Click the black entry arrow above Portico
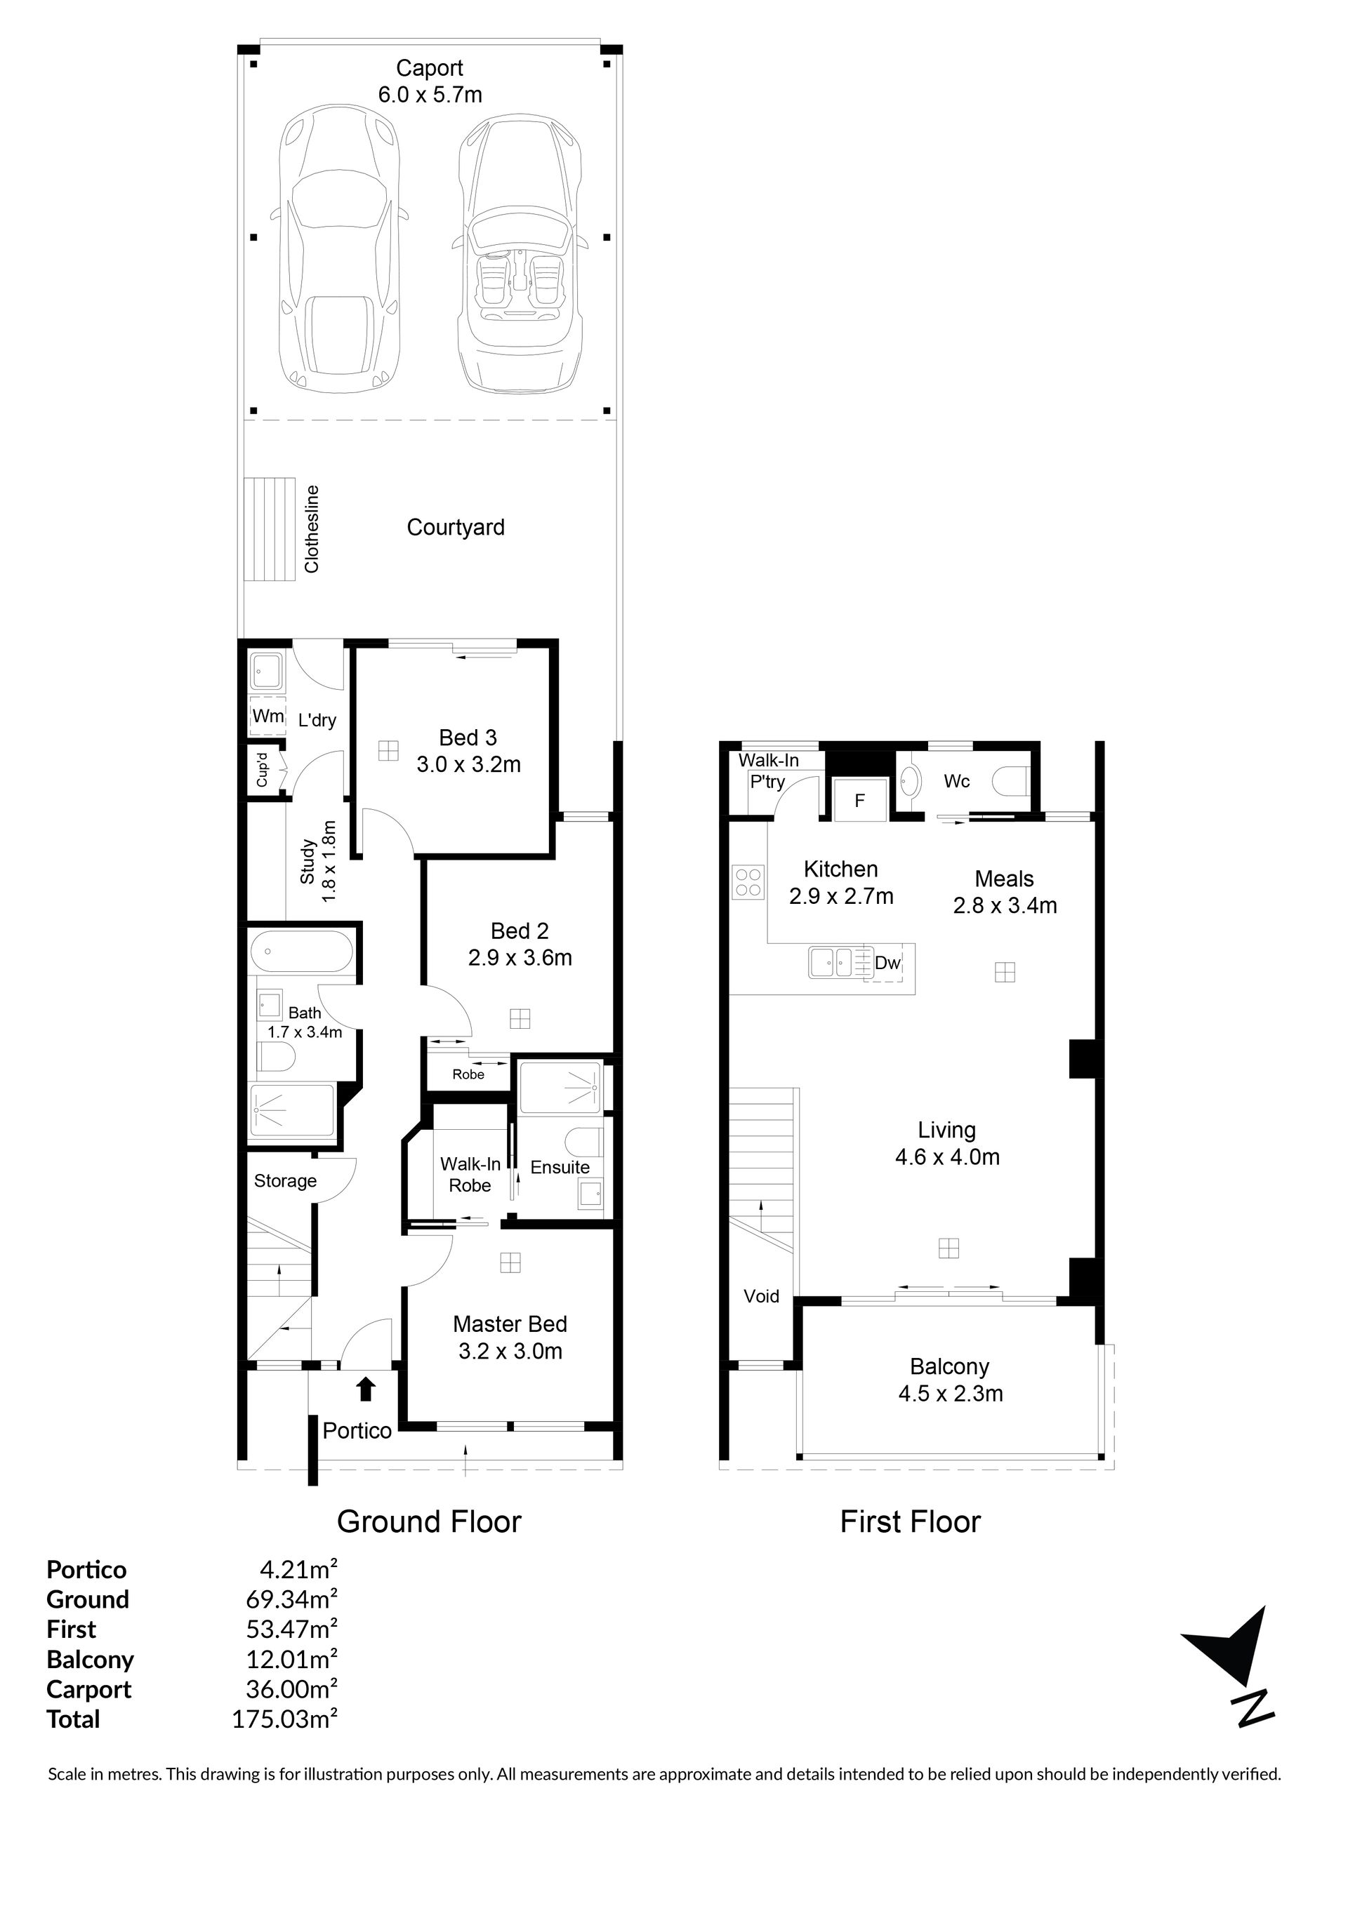pyautogui.click(x=366, y=1389)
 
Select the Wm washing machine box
pyautogui.click(x=267, y=716)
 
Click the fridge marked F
pyautogui.click(x=861, y=800)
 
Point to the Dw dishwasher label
pyautogui.click(x=888, y=962)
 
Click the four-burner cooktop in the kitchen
pyautogui.click(x=748, y=881)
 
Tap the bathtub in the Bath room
pyautogui.click(x=303, y=952)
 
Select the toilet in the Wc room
pyautogui.click(x=1012, y=781)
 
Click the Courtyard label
pyautogui.click(x=455, y=527)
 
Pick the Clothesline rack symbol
pyautogui.click(x=270, y=530)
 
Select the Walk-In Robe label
pyautogui.click(x=470, y=1175)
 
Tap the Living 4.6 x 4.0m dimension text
pyautogui.click(x=947, y=1157)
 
